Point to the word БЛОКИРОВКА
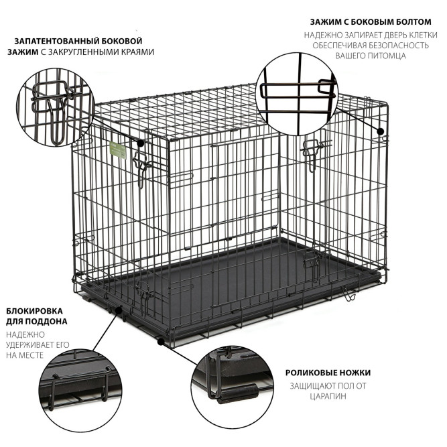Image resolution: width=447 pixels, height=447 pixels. [x=34, y=311]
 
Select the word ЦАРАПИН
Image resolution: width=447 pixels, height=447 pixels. [x=328, y=396]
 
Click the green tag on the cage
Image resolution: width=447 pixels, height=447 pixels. [x=118, y=150]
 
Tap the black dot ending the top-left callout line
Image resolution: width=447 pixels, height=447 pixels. [x=140, y=143]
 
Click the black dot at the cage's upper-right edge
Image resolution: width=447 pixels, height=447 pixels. [x=380, y=131]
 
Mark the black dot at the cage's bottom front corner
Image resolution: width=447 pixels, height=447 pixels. [x=161, y=342]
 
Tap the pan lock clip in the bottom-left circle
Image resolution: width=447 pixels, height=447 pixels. [x=80, y=385]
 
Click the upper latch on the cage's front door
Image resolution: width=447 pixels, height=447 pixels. [x=141, y=169]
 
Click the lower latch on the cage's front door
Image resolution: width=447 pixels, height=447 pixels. [x=144, y=297]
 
